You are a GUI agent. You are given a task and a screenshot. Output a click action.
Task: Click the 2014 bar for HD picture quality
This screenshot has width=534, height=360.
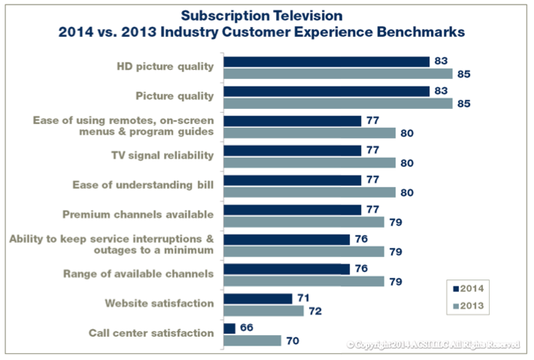click(x=326, y=62)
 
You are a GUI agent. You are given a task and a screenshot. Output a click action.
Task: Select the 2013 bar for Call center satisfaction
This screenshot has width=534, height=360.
click(x=253, y=340)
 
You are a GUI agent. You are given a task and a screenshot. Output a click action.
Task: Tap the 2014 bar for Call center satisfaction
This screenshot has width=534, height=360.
click(x=229, y=328)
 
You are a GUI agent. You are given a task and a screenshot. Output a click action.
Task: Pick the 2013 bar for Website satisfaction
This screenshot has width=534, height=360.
click(x=263, y=310)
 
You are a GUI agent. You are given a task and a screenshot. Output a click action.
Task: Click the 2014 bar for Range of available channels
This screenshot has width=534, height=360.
click(x=287, y=269)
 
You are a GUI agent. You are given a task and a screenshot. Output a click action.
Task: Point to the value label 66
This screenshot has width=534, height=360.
click(x=247, y=328)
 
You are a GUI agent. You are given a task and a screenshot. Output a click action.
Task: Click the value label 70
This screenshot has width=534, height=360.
click(x=293, y=340)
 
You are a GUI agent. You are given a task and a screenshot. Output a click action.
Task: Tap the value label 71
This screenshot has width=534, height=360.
click(x=304, y=298)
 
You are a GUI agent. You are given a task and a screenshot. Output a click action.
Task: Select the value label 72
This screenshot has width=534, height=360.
click(x=316, y=310)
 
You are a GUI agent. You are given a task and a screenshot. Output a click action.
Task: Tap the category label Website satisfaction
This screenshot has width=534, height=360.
click(x=159, y=303)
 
